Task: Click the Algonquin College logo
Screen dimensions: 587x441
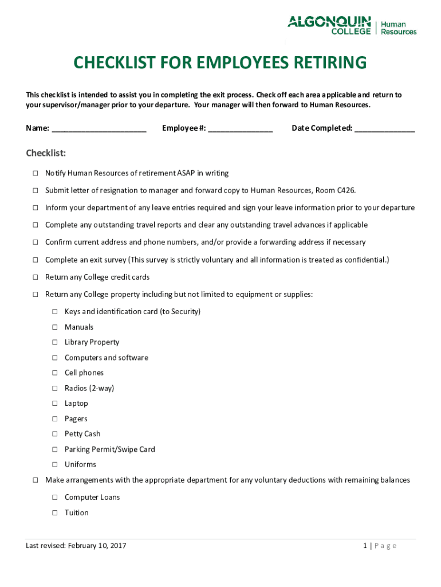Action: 329,25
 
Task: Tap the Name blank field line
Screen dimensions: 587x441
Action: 99,129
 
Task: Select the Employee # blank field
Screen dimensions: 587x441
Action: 240,129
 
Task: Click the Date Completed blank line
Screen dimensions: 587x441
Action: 384,129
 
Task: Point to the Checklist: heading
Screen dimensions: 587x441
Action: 46,153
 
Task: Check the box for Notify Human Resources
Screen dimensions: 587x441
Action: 35,173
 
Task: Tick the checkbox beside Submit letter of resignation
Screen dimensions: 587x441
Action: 35,190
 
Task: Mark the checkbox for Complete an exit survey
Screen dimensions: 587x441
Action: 35,260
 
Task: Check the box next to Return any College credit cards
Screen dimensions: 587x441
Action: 35,277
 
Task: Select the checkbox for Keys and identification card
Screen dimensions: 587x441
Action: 55,312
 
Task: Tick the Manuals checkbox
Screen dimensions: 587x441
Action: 55,327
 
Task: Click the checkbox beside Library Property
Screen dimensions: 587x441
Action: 55,342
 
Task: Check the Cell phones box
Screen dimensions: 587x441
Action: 55,373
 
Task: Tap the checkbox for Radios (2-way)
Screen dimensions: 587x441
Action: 55,388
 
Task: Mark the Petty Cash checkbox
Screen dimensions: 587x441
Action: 55,434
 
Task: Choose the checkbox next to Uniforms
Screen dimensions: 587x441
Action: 55,464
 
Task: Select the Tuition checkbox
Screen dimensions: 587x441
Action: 55,513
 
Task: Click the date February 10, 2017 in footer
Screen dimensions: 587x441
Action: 97,546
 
